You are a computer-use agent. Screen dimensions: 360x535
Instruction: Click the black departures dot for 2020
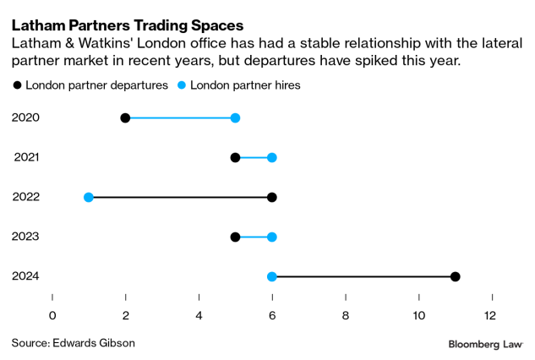tap(125, 117)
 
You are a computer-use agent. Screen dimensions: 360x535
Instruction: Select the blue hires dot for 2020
tap(235, 117)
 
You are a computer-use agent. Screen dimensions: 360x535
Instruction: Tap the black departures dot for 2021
tap(235, 157)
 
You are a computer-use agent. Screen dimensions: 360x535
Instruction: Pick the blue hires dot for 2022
tap(89, 197)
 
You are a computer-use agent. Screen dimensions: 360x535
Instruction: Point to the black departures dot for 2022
tap(271, 197)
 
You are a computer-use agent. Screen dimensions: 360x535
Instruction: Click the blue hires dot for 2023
tap(271, 237)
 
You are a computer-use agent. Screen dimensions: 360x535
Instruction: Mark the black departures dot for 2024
tap(455, 276)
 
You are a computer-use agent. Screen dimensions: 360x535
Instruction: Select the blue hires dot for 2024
tap(271, 276)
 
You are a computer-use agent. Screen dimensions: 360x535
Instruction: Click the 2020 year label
tap(25, 117)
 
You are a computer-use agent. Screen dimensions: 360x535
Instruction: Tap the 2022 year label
tap(25, 197)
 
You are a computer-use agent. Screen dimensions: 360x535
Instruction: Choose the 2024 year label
tap(25, 276)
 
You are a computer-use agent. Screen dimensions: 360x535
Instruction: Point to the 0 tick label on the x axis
tap(52, 315)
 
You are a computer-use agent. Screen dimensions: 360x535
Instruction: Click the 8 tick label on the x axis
tap(345, 315)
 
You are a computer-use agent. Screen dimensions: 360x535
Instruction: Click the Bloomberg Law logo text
tap(486, 344)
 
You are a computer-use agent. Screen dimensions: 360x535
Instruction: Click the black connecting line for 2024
tap(363, 276)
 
